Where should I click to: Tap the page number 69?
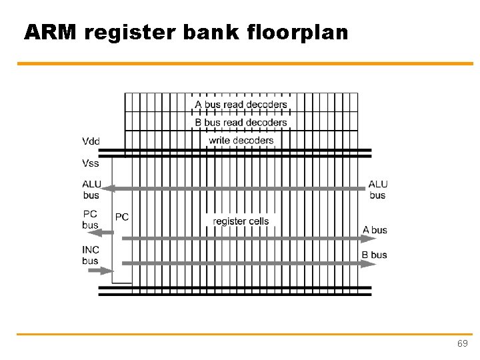[462, 343]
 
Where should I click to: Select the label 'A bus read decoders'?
[241, 105]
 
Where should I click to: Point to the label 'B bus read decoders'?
[241, 123]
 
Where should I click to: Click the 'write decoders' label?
[241, 140]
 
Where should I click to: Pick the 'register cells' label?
[241, 221]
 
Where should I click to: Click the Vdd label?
[91, 141]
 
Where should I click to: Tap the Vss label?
[91, 163]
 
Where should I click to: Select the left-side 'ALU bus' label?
[91, 189]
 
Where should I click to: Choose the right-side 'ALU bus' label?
[377, 189]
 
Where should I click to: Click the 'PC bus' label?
[91, 219]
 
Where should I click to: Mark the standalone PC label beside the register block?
[122, 217]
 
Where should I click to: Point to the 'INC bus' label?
[91, 255]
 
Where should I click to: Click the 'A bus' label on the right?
[375, 230]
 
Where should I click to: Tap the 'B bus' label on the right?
[375, 255]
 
